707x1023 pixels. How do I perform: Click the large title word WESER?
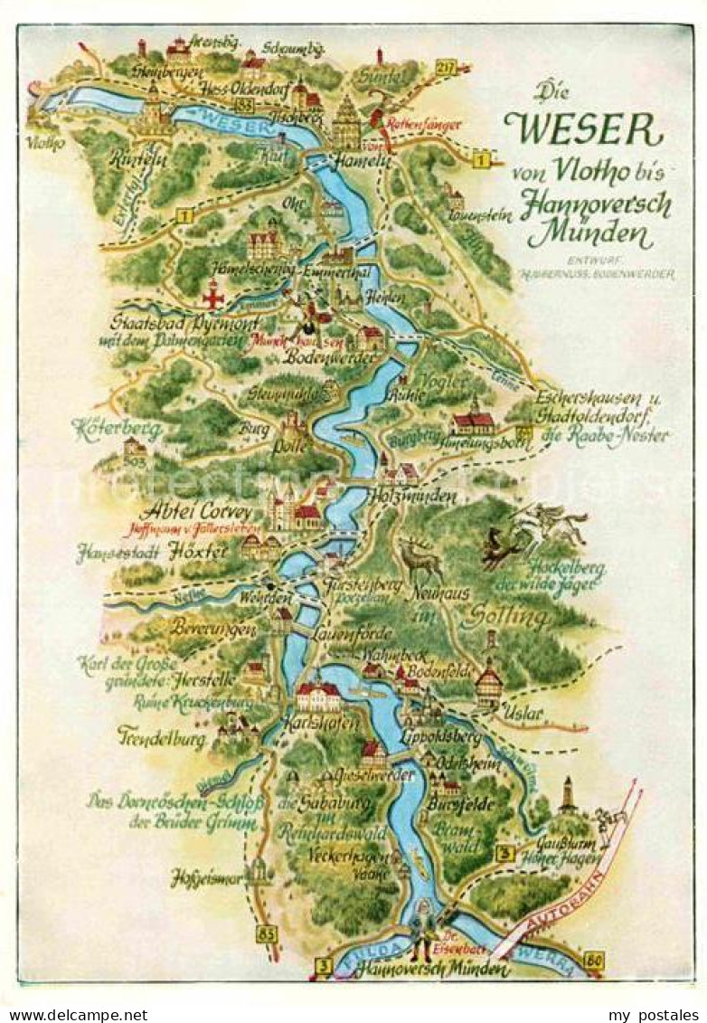584,131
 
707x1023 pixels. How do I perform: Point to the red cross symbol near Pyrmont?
212,295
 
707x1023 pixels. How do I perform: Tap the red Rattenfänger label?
423,124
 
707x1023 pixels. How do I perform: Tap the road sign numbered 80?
593,960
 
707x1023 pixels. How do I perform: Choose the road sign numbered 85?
265,933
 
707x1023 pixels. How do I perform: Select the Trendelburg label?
160,736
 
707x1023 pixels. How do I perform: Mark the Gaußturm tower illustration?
567,795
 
